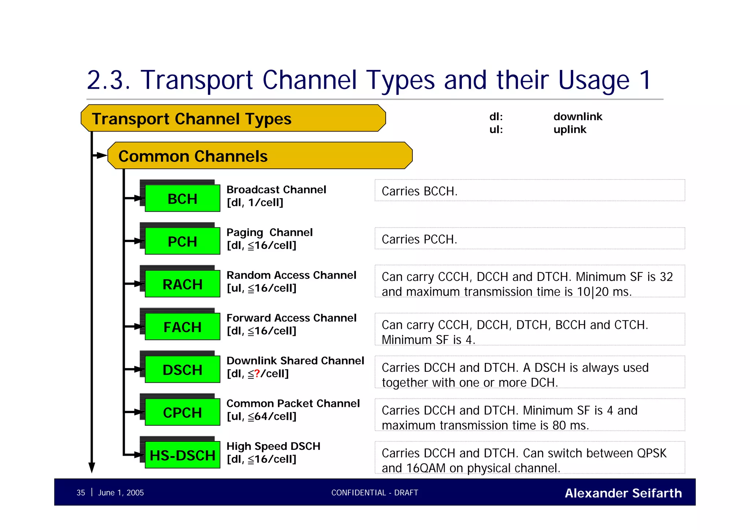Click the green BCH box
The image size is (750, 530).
tap(182, 199)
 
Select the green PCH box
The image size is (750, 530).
tap(182, 241)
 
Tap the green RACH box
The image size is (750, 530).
tap(182, 284)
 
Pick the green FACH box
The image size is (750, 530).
tap(182, 327)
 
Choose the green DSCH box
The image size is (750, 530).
tap(182, 370)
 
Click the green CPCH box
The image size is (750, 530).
tap(182, 413)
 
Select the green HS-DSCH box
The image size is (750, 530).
tap(182, 455)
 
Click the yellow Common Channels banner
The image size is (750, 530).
tap(260, 156)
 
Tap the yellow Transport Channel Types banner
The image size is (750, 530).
tap(233, 118)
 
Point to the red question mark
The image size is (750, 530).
tap(257, 374)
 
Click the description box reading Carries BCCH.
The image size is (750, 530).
tap(530, 190)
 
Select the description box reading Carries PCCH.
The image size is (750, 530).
tap(530, 239)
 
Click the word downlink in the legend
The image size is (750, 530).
tap(578, 116)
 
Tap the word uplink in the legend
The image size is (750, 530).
tap(570, 129)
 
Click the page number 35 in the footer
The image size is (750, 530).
tap(81, 493)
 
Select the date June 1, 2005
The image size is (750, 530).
tap(121, 493)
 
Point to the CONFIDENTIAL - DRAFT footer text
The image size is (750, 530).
tap(375, 493)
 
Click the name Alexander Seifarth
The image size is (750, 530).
tap(623, 493)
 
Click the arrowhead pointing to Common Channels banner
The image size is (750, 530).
tap(102, 156)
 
